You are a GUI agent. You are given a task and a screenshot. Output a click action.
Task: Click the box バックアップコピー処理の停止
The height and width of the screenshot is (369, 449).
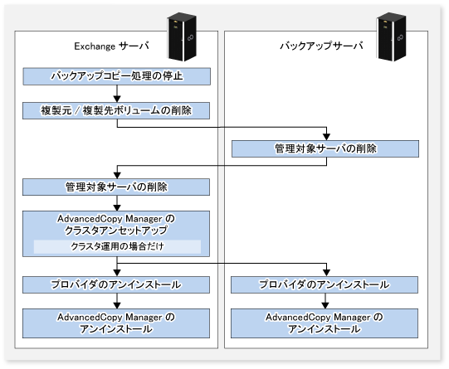116,76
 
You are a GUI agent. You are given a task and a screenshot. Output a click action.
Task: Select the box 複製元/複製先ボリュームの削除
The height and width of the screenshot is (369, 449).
116,111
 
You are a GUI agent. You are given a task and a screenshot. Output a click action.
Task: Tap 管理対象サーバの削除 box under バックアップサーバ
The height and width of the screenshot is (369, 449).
325,148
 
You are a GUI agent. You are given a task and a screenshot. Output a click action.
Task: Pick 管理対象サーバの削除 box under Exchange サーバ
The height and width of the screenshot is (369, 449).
116,187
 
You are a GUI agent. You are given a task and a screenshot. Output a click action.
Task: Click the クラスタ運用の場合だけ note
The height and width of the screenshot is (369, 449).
117,246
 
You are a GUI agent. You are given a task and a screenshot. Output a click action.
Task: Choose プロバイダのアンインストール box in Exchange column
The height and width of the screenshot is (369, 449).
116,284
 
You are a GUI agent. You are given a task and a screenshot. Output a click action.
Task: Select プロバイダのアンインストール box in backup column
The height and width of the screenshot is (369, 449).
325,284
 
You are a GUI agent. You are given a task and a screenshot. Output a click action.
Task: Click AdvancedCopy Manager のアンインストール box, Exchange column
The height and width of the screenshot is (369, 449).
116,323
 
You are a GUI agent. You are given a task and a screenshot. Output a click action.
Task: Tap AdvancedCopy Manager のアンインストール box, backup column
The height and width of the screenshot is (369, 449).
325,323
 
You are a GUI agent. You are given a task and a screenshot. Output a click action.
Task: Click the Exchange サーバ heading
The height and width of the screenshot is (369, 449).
111,46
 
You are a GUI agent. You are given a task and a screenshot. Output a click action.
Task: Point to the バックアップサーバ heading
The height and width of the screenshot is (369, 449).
321,46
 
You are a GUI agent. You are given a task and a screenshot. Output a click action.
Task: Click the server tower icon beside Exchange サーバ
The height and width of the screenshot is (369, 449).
182,36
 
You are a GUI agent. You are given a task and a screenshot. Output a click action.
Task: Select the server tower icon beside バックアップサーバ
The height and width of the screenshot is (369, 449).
392,36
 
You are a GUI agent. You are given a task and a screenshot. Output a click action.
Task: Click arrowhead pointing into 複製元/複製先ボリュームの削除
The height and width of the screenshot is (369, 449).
117,99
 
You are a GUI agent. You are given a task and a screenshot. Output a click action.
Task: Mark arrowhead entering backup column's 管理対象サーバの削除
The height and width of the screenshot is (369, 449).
326,137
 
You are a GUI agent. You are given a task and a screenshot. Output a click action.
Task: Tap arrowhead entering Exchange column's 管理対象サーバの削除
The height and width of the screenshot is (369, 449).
117,175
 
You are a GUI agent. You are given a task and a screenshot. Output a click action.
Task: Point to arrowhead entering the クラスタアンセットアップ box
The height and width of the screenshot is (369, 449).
117,207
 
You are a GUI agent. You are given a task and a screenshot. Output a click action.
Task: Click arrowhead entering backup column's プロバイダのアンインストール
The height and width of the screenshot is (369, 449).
326,273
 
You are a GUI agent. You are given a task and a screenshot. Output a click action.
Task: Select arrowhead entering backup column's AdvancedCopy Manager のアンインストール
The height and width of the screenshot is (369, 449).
325,305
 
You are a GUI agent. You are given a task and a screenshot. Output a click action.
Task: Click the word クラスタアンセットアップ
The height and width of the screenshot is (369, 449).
116,231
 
